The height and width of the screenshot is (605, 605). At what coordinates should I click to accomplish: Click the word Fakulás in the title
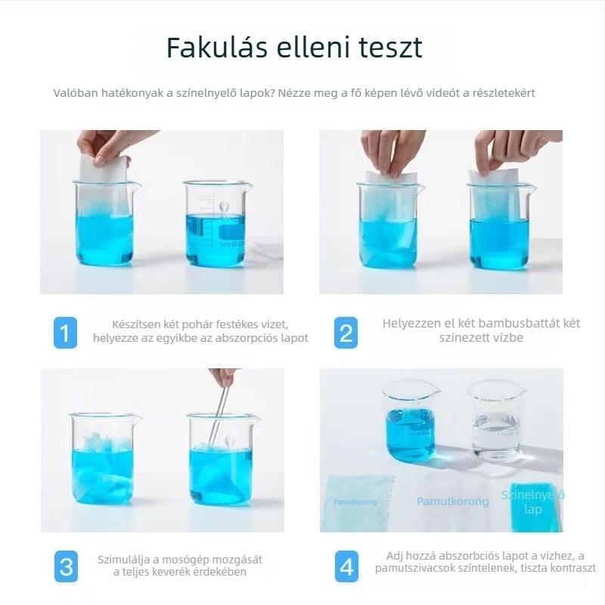point(208,47)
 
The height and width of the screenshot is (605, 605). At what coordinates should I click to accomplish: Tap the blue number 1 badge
point(66,333)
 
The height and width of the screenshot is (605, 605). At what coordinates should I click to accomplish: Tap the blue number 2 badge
point(346,333)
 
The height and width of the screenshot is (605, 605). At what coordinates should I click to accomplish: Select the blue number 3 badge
point(66,566)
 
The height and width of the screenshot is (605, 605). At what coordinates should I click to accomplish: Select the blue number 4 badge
point(346,566)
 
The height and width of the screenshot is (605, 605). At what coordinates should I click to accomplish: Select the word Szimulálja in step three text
point(124,560)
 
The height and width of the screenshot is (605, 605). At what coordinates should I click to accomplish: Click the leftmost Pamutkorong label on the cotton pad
point(355,502)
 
